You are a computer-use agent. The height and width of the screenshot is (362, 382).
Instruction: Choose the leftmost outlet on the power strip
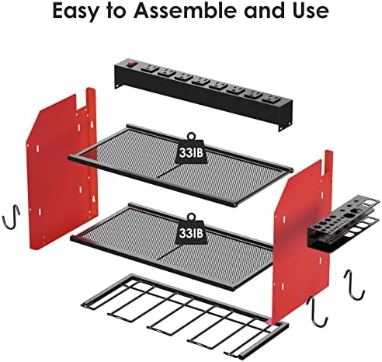pos(145,68)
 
